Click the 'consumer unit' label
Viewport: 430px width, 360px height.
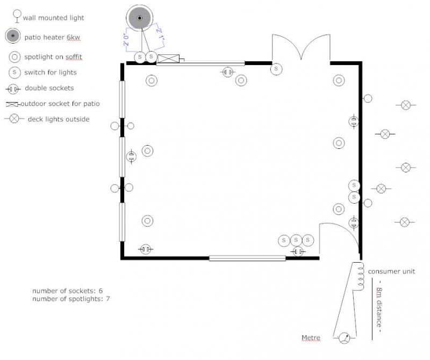click(391, 271)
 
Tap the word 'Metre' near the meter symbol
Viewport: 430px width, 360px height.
click(311, 337)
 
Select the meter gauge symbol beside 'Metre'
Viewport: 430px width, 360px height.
click(345, 338)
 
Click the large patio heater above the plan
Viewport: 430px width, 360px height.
click(140, 18)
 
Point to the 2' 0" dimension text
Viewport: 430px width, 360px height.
click(126, 40)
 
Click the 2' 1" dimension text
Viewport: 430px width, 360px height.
click(160, 34)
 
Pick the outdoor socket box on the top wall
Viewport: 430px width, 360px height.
click(169, 59)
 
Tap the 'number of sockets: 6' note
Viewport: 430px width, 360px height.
click(68, 291)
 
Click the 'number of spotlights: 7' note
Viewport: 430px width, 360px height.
click(71, 299)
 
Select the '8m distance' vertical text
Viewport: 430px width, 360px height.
click(379, 307)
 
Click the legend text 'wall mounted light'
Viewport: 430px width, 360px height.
click(53, 18)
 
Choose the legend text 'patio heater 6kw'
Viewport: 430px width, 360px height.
click(52, 37)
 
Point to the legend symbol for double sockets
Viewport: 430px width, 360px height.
click(13, 89)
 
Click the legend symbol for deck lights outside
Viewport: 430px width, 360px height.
click(15, 118)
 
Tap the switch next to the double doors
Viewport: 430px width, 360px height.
click(276, 69)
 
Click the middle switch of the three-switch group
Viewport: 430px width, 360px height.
click(296, 240)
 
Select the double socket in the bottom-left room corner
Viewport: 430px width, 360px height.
click(145, 249)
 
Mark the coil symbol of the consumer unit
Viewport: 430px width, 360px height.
click(361, 276)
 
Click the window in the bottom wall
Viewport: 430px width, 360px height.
click(247, 258)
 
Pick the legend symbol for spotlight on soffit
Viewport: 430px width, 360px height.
click(15, 57)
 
